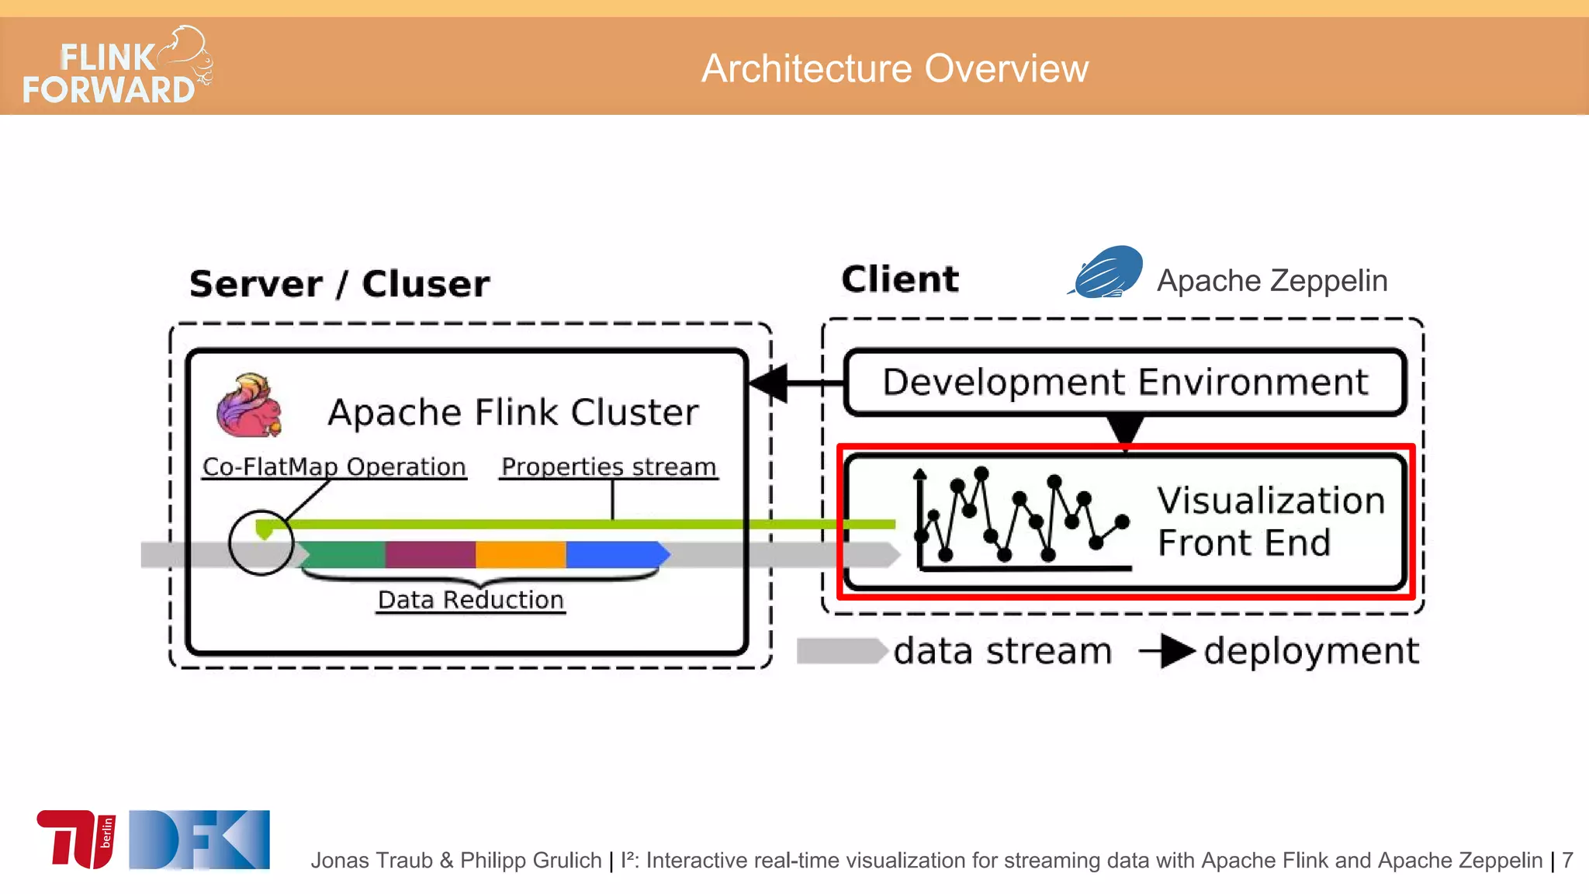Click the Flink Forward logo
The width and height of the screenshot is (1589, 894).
[x=116, y=67]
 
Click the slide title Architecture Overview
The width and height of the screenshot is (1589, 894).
[x=895, y=68]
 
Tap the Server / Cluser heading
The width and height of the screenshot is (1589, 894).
[x=339, y=284]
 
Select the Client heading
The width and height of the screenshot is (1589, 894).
[x=900, y=279]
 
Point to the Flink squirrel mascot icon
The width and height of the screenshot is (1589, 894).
[x=248, y=406]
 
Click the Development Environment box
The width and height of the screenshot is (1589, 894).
[x=1125, y=383]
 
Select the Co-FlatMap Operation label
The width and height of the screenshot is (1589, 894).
[x=334, y=467]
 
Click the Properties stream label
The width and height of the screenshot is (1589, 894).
[x=608, y=467]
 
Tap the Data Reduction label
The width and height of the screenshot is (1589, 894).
[x=470, y=600]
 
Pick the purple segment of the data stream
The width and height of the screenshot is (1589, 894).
[x=430, y=554]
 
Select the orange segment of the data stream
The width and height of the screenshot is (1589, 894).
[x=520, y=554]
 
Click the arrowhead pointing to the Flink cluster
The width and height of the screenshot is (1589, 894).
[x=768, y=383]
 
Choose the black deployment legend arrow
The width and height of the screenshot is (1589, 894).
[x=1168, y=651]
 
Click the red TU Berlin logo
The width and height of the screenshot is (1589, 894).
[x=76, y=838]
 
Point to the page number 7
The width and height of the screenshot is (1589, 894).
[x=1567, y=860]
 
